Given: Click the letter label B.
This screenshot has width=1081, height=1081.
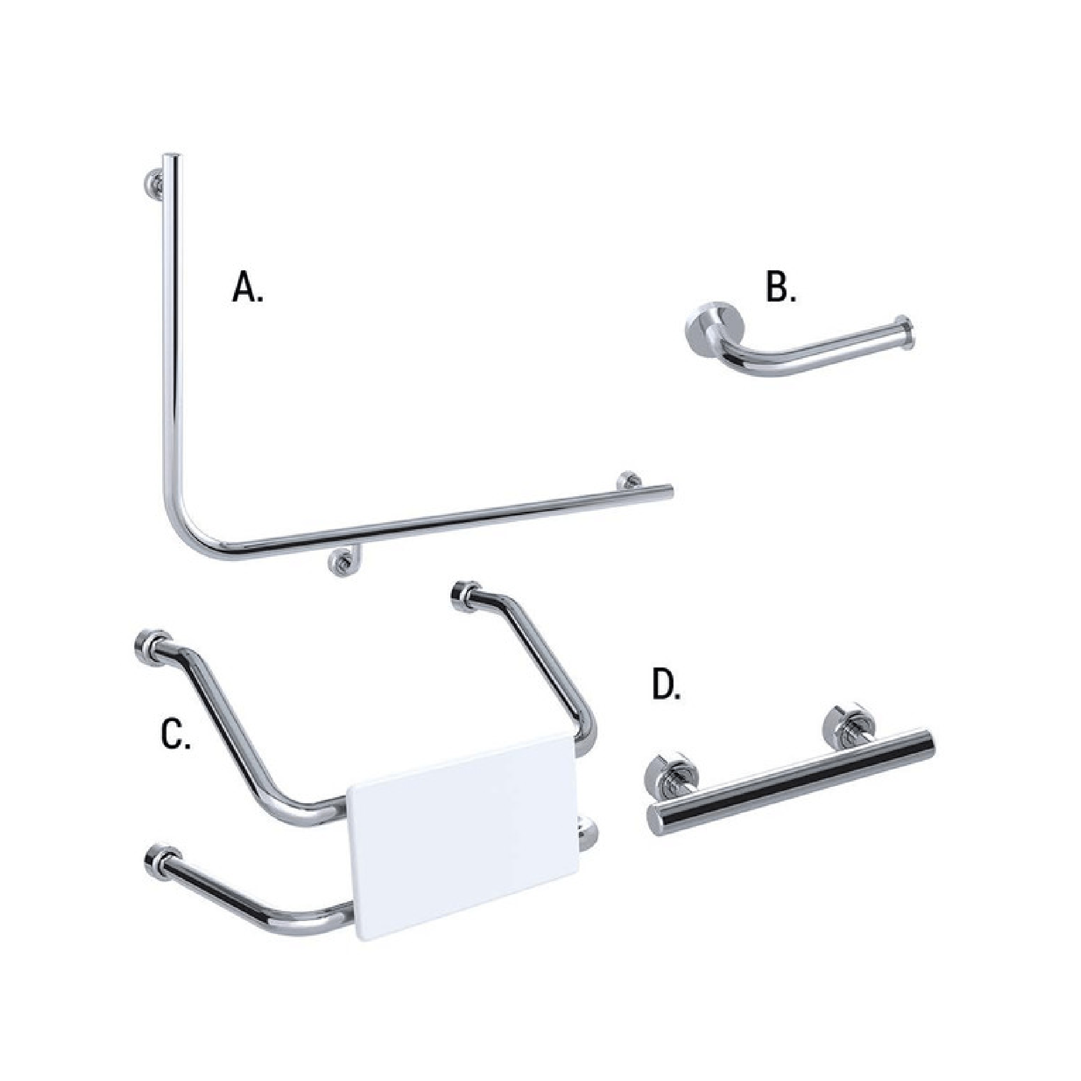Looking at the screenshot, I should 780,289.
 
